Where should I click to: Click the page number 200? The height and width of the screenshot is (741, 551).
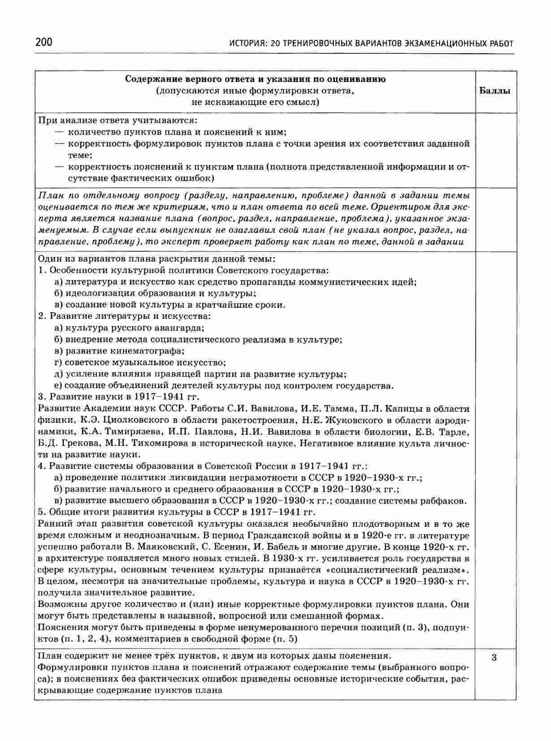[43, 43]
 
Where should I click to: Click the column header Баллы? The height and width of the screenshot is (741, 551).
[495, 91]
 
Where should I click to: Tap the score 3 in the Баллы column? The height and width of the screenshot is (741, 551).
[494, 658]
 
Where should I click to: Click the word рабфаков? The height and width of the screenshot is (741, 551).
[443, 501]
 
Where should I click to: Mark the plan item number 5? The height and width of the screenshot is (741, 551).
[42, 512]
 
